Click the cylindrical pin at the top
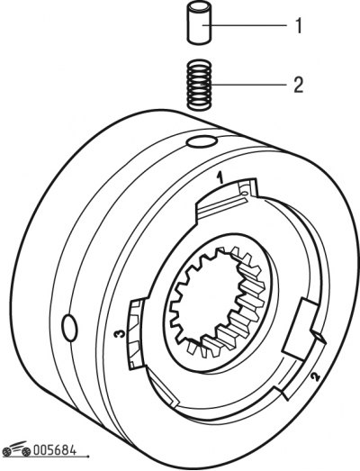(200, 23)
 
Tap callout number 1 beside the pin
(298, 26)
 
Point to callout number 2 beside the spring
(298, 85)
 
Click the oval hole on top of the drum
(202, 140)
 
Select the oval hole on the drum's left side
(69, 328)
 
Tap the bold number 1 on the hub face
(221, 177)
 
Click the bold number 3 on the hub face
(120, 334)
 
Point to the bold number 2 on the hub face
(315, 376)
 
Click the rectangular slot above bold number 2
(301, 329)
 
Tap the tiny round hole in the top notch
(246, 193)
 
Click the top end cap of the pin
(200, 6)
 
